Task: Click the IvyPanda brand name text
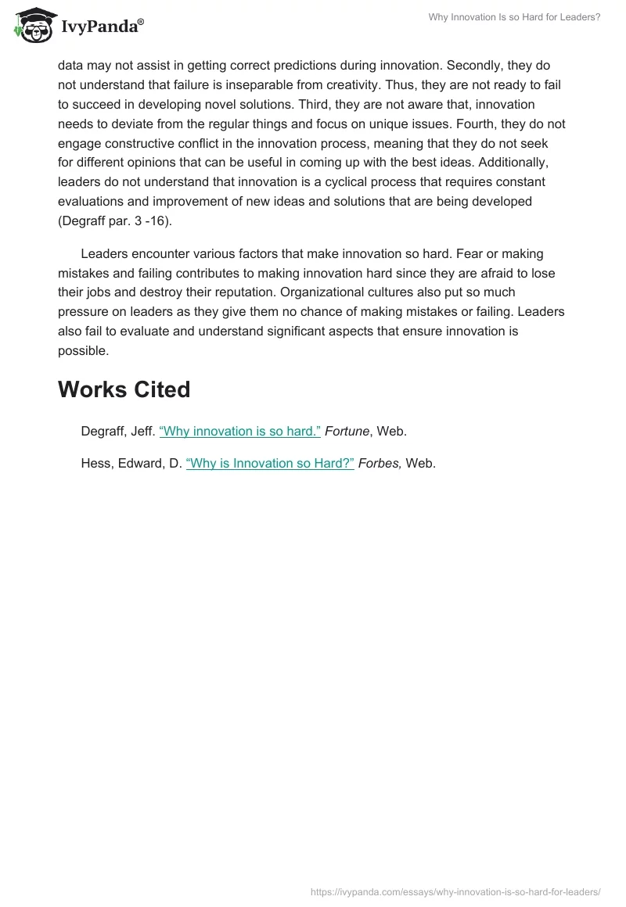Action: [x=102, y=27]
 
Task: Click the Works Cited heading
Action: [x=124, y=389]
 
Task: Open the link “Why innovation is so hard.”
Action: [x=240, y=432]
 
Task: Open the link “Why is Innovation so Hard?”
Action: [x=270, y=463]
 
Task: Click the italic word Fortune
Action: [x=347, y=432]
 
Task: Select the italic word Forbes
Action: [x=380, y=463]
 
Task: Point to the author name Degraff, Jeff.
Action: [x=117, y=432]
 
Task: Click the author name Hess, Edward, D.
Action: [x=131, y=463]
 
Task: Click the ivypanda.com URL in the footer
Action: [x=455, y=891]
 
